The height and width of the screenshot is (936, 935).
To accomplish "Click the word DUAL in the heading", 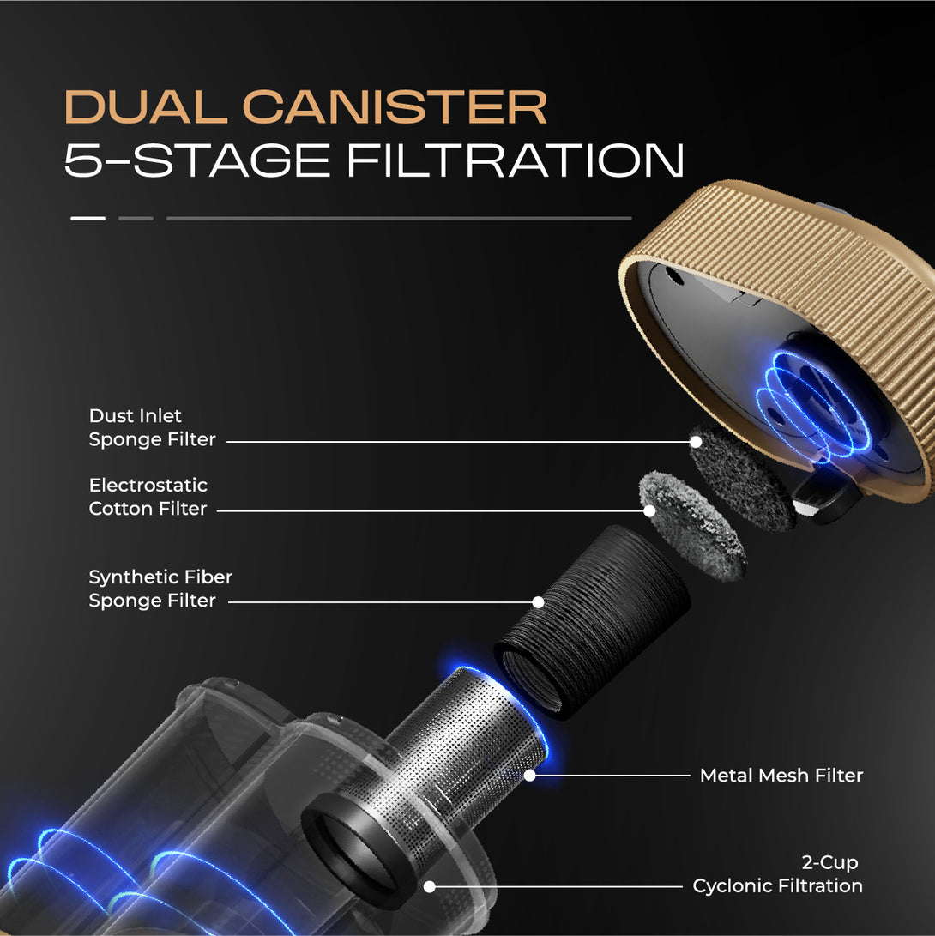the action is (x=146, y=107).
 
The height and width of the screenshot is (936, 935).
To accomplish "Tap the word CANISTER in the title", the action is (x=395, y=107).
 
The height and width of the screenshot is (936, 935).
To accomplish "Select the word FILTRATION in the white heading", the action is (x=516, y=160).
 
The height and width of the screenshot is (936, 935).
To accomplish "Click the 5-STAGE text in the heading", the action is (x=197, y=160).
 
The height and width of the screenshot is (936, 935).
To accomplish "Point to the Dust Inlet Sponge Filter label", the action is (x=152, y=427).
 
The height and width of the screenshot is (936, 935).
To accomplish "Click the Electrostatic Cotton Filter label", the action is (x=148, y=497).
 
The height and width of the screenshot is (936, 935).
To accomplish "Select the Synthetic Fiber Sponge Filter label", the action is (x=160, y=589).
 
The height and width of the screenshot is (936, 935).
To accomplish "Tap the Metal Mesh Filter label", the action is (x=781, y=776).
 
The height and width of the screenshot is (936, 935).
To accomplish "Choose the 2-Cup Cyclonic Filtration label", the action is (x=777, y=874).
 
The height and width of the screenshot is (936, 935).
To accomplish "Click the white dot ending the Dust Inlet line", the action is (x=696, y=442).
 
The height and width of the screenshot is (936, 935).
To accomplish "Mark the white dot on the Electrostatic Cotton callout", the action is (x=650, y=511).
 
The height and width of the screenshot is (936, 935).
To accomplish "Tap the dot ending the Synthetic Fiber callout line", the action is (x=538, y=602).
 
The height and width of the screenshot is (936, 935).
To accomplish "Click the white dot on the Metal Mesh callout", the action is (x=530, y=776).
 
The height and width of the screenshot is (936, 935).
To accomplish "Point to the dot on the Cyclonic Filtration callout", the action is (x=429, y=886).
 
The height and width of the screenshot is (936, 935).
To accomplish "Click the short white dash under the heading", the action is (x=87, y=219).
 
